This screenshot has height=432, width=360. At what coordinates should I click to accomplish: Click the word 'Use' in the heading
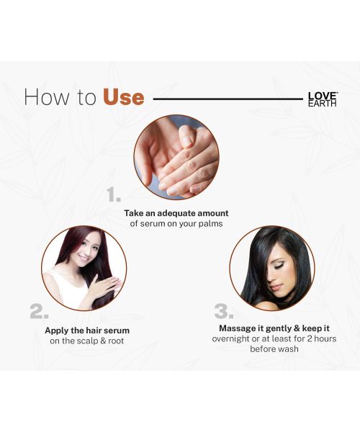123,97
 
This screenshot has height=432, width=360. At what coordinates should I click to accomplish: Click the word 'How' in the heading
44,97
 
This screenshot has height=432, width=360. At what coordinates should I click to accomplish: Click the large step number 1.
113,194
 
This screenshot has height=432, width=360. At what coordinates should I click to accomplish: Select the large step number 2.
39,311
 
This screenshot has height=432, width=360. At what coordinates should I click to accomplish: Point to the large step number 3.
224,311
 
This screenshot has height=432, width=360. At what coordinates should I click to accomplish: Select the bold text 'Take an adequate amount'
176,213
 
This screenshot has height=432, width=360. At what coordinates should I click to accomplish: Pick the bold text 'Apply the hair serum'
87,330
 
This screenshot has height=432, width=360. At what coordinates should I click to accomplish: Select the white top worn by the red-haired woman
61,288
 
